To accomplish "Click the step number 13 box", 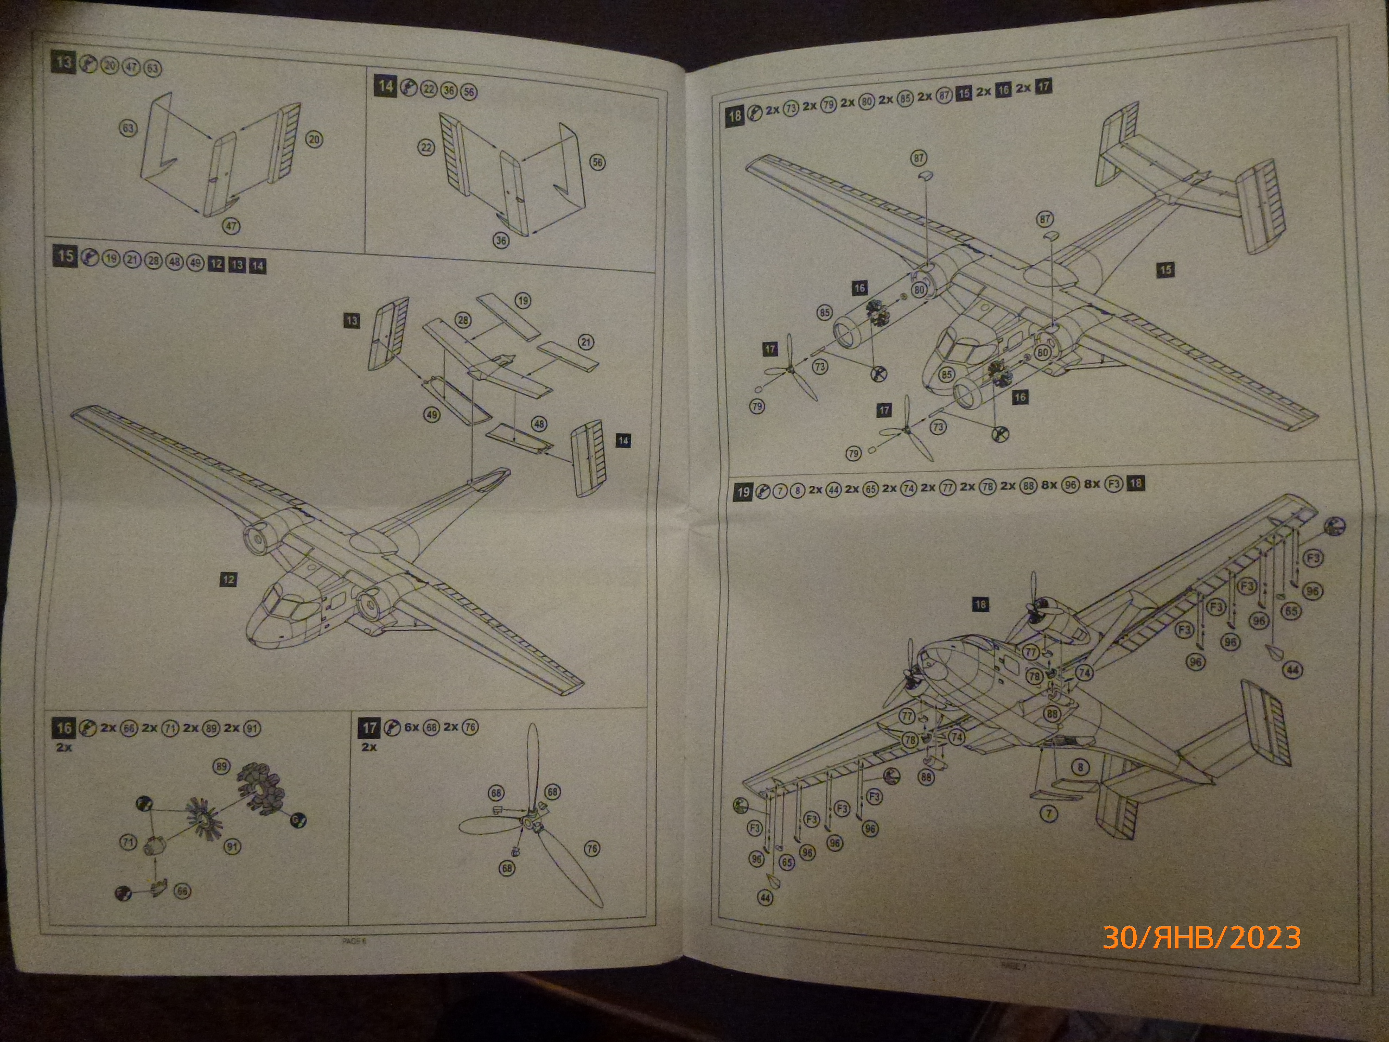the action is pos(63,62).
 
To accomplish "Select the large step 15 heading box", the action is pos(65,256).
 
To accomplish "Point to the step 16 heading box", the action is pos(64,728).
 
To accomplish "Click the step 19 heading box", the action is pos(743,492).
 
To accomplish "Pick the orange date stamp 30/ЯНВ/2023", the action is pos(1201,937).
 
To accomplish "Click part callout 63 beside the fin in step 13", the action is pos(128,129).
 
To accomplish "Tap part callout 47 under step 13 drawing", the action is pos(231,226).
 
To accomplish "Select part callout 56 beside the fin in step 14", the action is pos(597,162).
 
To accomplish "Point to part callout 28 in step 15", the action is pos(463,320).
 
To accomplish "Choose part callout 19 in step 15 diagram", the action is pos(523,300).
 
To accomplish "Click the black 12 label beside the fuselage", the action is pos(228,579).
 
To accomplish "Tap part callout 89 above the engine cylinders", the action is pos(221,766).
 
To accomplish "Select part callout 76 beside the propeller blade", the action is pos(591,849).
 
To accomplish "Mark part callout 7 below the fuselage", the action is pos(1048,814).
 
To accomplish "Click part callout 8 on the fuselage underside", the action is pos(1080,767).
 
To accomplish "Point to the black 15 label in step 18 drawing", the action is pos(1165,270).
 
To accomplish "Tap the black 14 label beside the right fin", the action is pos(623,440).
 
